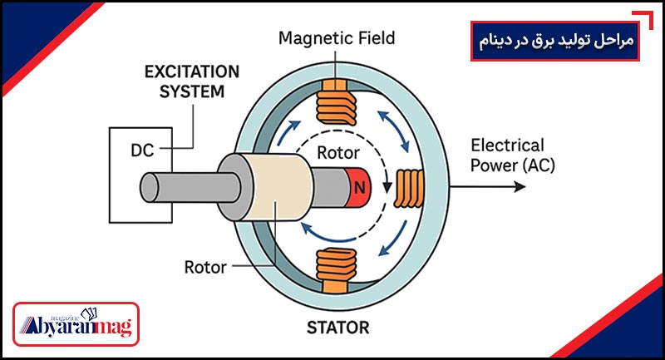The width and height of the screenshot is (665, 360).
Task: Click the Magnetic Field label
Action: click(337, 38)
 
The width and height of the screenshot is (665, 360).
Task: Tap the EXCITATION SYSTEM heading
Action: click(192, 81)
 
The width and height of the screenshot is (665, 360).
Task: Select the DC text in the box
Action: click(142, 151)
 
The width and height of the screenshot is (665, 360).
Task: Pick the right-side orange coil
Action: click(409, 187)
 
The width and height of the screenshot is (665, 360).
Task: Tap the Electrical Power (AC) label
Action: click(508, 155)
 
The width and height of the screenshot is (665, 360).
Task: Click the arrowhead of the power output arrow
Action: click(520, 185)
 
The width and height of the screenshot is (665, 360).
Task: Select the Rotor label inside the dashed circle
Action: click(337, 153)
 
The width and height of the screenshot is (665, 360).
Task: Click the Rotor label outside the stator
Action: click(204, 268)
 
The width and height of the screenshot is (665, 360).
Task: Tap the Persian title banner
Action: click(555, 41)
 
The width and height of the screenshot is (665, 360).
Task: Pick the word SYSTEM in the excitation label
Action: click(192, 91)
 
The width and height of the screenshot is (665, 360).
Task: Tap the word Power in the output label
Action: click(491, 164)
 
